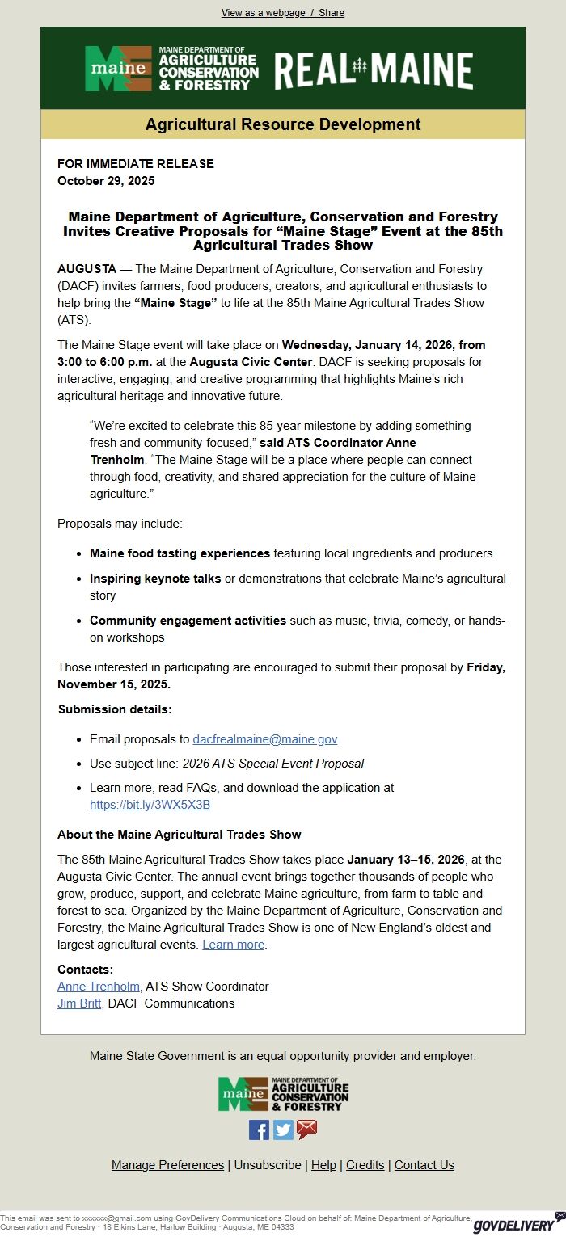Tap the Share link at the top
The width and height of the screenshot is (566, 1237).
332,13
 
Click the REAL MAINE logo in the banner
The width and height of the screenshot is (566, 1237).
374,69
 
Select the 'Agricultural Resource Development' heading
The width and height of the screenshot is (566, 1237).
283,124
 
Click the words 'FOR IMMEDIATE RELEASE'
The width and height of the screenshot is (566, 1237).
136,164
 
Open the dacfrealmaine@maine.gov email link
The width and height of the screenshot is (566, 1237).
264,739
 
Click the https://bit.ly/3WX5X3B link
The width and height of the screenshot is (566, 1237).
150,805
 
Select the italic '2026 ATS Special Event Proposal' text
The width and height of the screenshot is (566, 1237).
272,764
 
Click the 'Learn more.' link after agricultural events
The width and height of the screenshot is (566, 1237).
234,945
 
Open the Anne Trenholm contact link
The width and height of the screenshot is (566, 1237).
99,987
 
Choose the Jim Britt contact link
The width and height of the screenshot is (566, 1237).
79,1003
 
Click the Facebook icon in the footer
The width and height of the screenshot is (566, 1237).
259,1130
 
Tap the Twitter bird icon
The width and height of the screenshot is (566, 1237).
283,1130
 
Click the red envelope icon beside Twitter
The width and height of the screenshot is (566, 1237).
307,1130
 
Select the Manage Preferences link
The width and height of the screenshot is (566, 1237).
167,1165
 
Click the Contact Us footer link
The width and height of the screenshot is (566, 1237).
424,1165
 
